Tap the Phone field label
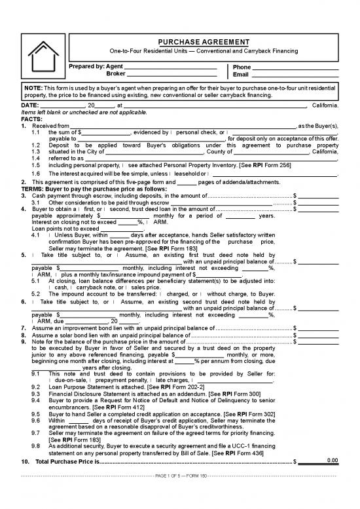pos(242,67)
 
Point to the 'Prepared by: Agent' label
pos(96,67)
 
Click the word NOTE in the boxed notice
pos(33,88)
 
